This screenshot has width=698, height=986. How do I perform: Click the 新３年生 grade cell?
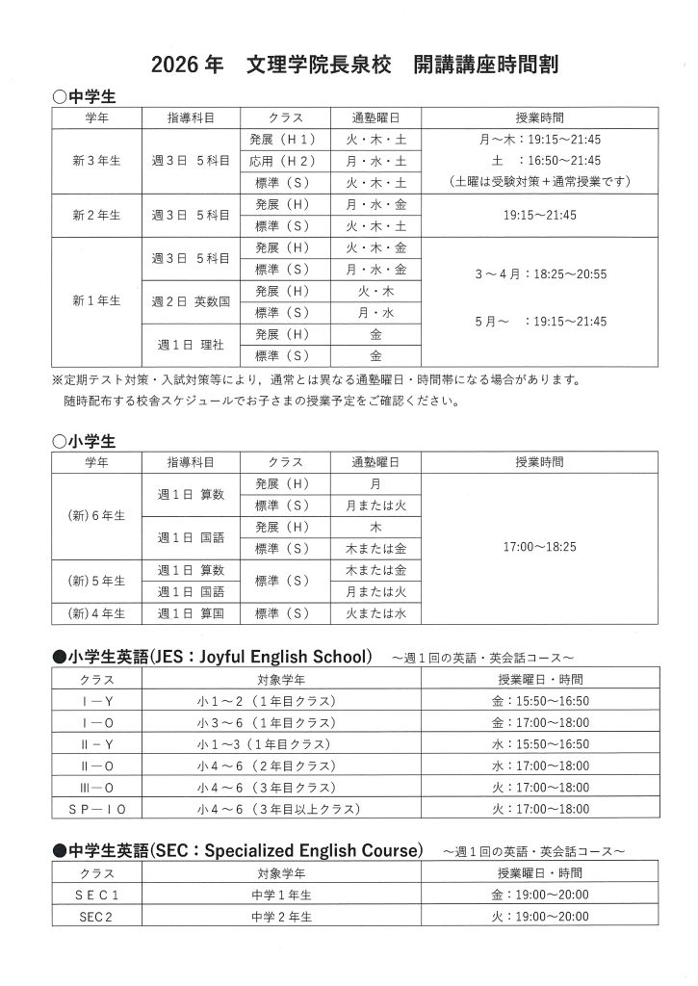[x=96, y=160]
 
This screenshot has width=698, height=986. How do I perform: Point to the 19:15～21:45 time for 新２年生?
[x=539, y=215]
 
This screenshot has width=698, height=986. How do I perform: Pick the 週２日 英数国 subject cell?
[x=191, y=301]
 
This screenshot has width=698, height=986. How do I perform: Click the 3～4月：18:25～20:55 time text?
[x=539, y=274]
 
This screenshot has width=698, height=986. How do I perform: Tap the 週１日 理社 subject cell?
[x=191, y=345]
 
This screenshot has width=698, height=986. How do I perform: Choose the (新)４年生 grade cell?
[x=96, y=612]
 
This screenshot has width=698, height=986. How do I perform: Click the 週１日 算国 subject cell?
[x=191, y=612]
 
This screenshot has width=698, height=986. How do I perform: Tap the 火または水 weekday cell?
[x=375, y=612]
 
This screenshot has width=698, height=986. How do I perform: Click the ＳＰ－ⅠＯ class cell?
[x=96, y=809]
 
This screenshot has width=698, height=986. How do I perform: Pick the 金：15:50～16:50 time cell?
[x=539, y=701]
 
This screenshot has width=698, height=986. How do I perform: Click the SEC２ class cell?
[x=96, y=918]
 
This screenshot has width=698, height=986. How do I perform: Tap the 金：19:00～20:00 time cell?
[x=539, y=895]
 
